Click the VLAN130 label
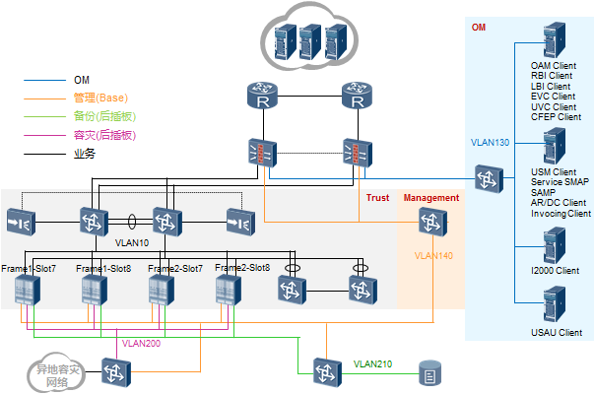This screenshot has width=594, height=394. point(490,142)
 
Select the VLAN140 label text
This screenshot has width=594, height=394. point(434,255)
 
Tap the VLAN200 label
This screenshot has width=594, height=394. point(141,344)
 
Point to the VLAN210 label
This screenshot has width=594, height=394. point(373,364)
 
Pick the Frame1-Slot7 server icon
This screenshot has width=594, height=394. point(27,290)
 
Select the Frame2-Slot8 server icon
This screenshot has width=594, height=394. point(228,290)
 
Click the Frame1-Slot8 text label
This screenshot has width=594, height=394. point(104,268)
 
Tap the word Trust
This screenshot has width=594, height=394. point(377,198)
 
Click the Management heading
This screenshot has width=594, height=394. point(431,198)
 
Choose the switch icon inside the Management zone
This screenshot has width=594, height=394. point(429,224)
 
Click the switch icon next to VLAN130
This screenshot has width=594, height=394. point(487,179)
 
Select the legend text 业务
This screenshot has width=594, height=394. point(85,153)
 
